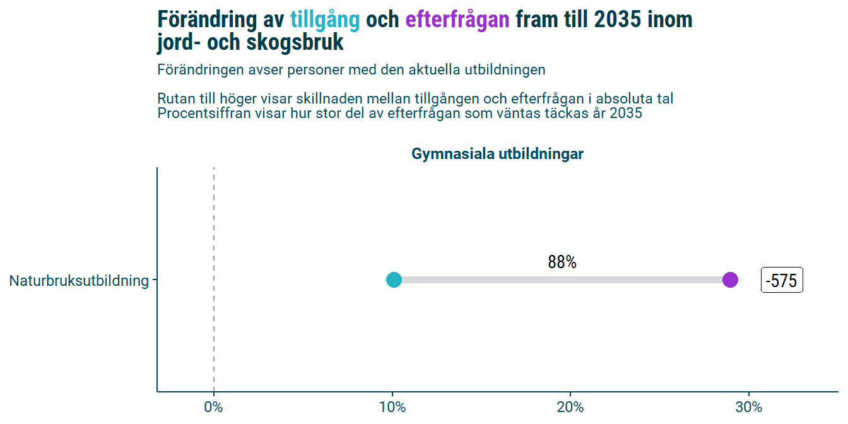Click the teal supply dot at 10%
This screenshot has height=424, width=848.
pyautogui.click(x=394, y=280)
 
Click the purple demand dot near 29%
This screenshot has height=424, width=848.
pyautogui.click(x=730, y=280)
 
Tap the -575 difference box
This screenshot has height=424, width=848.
pyautogui.click(x=782, y=280)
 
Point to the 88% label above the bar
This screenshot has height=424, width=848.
pyautogui.click(x=562, y=262)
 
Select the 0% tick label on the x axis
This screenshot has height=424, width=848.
pyautogui.click(x=214, y=408)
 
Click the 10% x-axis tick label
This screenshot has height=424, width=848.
pyautogui.click(x=392, y=408)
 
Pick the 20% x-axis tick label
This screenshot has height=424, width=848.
pyautogui.click(x=570, y=408)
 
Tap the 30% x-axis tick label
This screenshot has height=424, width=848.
pyautogui.click(x=749, y=408)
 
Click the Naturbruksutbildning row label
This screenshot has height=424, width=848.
pyautogui.click(x=79, y=281)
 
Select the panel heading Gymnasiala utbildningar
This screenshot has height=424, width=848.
pyautogui.click(x=497, y=154)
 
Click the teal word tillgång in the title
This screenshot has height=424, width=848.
pyautogui.click(x=324, y=20)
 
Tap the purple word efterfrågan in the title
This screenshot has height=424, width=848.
pyautogui.click(x=457, y=20)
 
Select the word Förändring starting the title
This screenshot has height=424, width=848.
pyautogui.click(x=208, y=20)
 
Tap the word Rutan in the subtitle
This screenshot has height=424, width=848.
pyautogui.click(x=174, y=99)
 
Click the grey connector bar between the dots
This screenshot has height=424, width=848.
pyautogui.click(x=562, y=280)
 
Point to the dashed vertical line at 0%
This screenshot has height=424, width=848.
pyautogui.click(x=214, y=221)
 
